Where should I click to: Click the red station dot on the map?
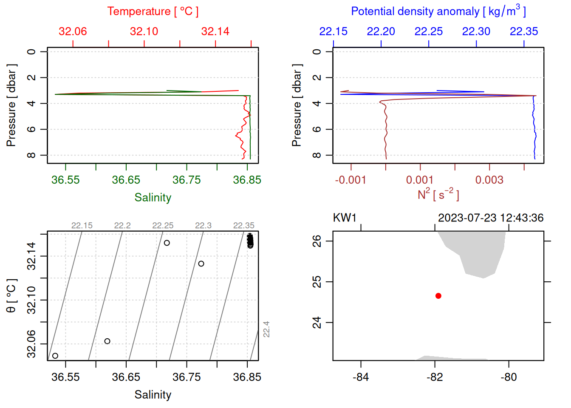pyautogui.click(x=438, y=296)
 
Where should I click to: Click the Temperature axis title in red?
pyautogui.click(x=153, y=11)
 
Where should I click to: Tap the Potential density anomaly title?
pyautogui.click(x=438, y=11)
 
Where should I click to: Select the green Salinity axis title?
pyautogui.click(x=153, y=198)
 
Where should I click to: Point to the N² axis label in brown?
pyautogui.click(x=438, y=194)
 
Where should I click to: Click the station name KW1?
pyautogui.click(x=345, y=218)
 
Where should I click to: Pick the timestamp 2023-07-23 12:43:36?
pyautogui.click(x=491, y=218)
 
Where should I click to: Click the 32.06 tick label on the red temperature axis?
pyautogui.click(x=73, y=31)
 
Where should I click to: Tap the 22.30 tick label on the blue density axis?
pyautogui.click(x=476, y=31)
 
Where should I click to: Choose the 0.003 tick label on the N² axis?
pyautogui.click(x=489, y=180)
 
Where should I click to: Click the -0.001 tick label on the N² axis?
pyautogui.click(x=351, y=180)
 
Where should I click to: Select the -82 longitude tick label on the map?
pyautogui.click(x=435, y=377)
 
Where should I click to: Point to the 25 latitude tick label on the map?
pyautogui.click(x=317, y=282)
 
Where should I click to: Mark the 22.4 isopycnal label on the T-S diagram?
pyautogui.click(x=266, y=329)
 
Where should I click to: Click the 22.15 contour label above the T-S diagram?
pyautogui.click(x=82, y=226)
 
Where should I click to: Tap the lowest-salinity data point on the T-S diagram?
pyautogui.click(x=55, y=356)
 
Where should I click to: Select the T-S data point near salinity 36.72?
pyautogui.click(x=167, y=243)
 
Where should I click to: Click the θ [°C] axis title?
pyautogui.click(x=11, y=296)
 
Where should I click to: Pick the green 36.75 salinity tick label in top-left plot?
pyautogui.click(x=187, y=180)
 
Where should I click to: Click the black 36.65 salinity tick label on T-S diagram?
pyautogui.click(x=126, y=377)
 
